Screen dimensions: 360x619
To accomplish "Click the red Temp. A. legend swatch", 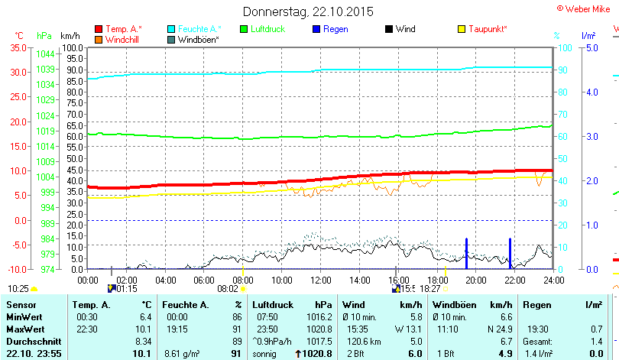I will pos(99,29).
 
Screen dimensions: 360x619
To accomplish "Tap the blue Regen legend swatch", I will pos(316,29).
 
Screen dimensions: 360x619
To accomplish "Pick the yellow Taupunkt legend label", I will pos(488,29).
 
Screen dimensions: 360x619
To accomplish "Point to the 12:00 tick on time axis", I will pos(320,280).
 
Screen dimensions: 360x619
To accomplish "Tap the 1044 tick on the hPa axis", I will pos(46,54).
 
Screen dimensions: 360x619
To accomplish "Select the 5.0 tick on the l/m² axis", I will pos(591,47).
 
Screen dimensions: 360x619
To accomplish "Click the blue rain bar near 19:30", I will pos(466,254).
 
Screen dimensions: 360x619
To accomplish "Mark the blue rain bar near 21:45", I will pos(510,254).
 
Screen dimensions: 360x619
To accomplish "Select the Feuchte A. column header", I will pos(181,305).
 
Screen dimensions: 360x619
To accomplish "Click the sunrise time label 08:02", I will pos(228,289).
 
